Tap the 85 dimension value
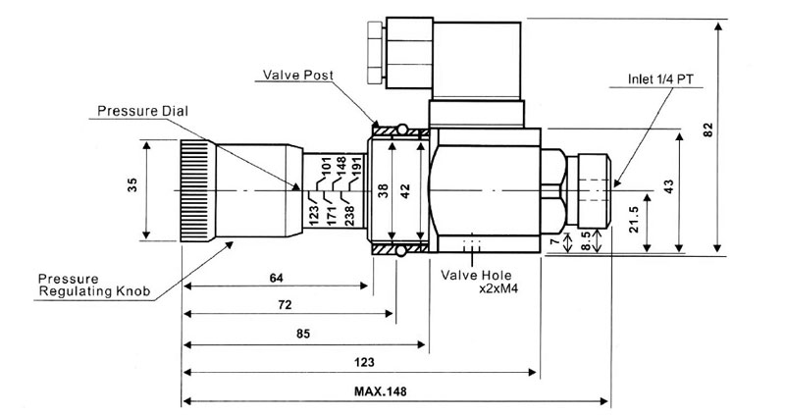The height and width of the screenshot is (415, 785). tap(303, 335)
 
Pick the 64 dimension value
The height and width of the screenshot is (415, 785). tap(277, 278)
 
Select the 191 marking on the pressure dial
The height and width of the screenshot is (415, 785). tap(357, 167)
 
